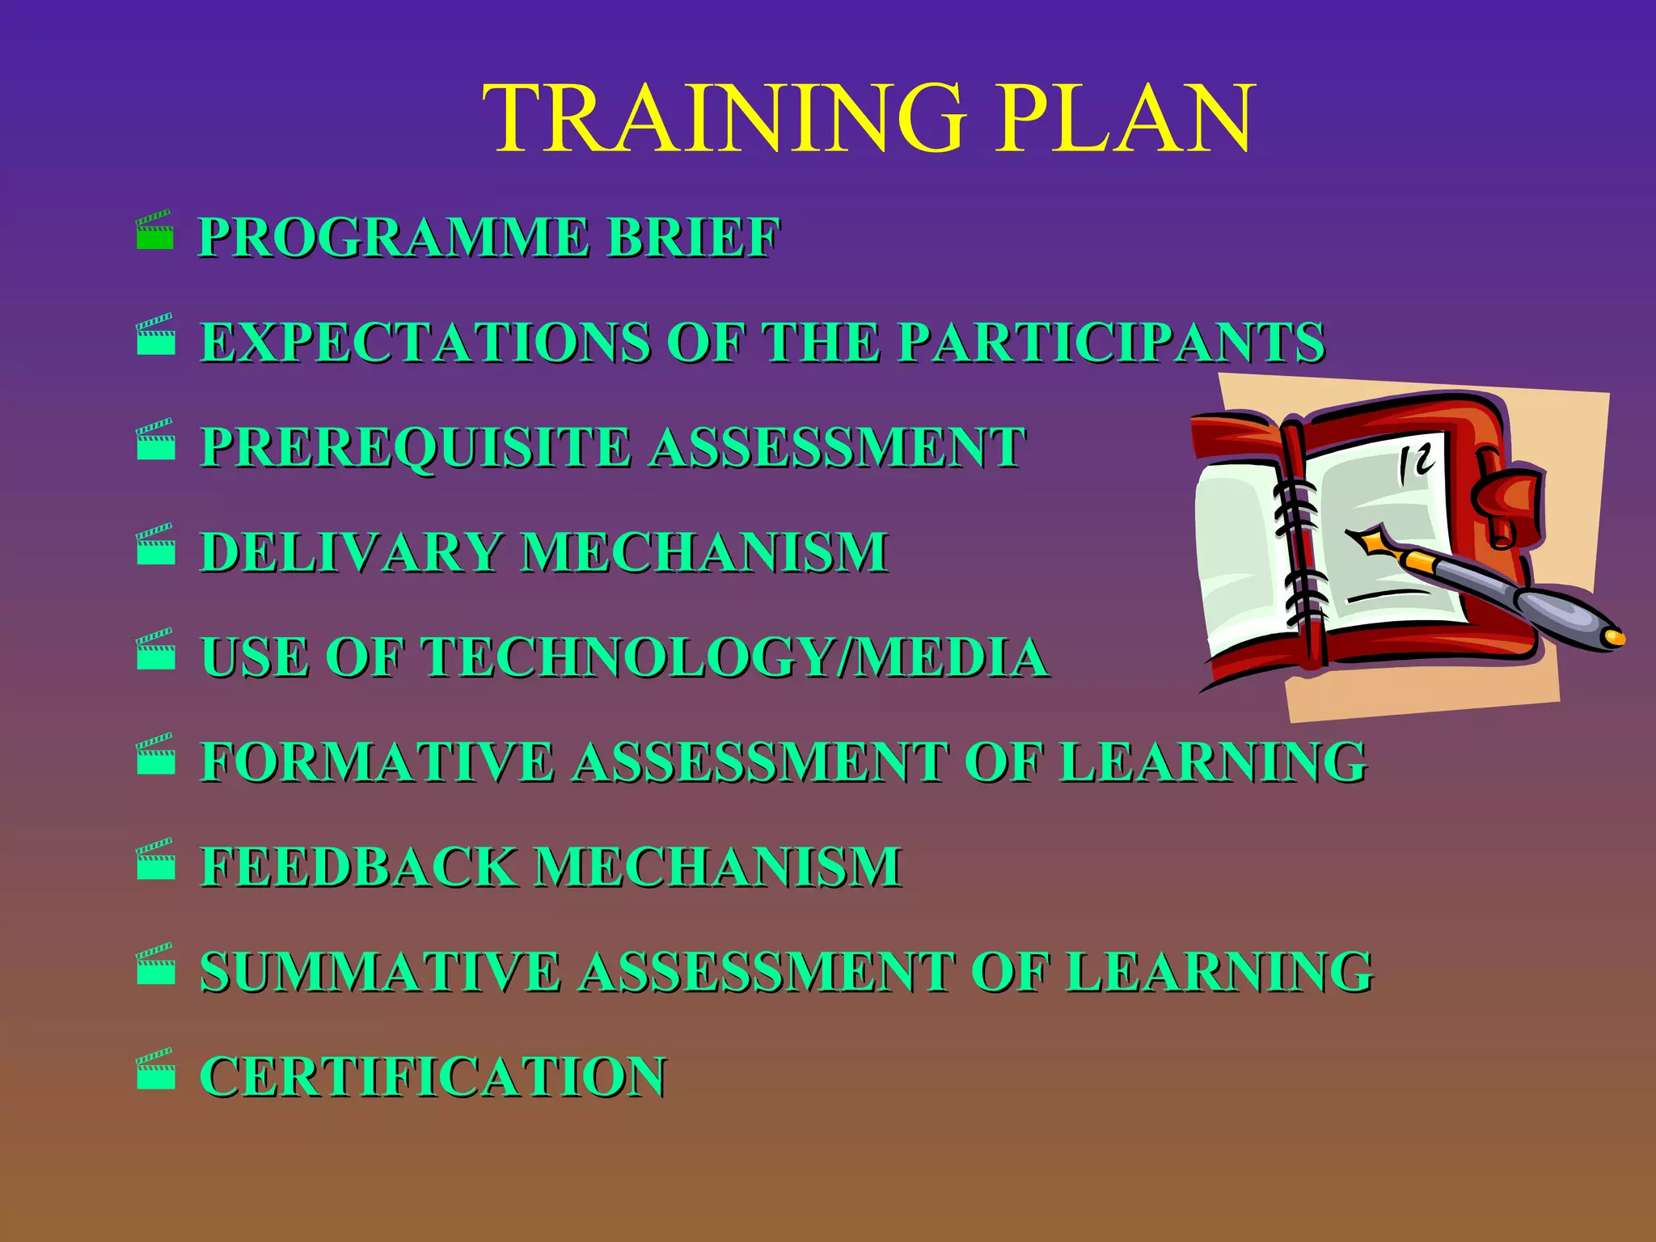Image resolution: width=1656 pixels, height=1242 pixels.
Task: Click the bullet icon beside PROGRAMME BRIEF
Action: click(x=154, y=231)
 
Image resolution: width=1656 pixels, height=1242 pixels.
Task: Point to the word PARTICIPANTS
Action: click(x=1112, y=342)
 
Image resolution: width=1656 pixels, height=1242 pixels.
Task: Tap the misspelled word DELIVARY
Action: click(x=351, y=552)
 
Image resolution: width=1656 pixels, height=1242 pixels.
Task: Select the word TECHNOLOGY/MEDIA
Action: click(x=736, y=657)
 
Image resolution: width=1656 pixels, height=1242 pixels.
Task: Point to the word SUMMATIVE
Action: click(x=380, y=971)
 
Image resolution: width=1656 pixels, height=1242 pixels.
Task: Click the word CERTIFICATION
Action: click(x=433, y=1076)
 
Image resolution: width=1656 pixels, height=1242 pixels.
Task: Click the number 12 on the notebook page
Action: click(x=1416, y=463)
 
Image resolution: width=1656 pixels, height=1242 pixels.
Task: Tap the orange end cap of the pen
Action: click(x=1614, y=637)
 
